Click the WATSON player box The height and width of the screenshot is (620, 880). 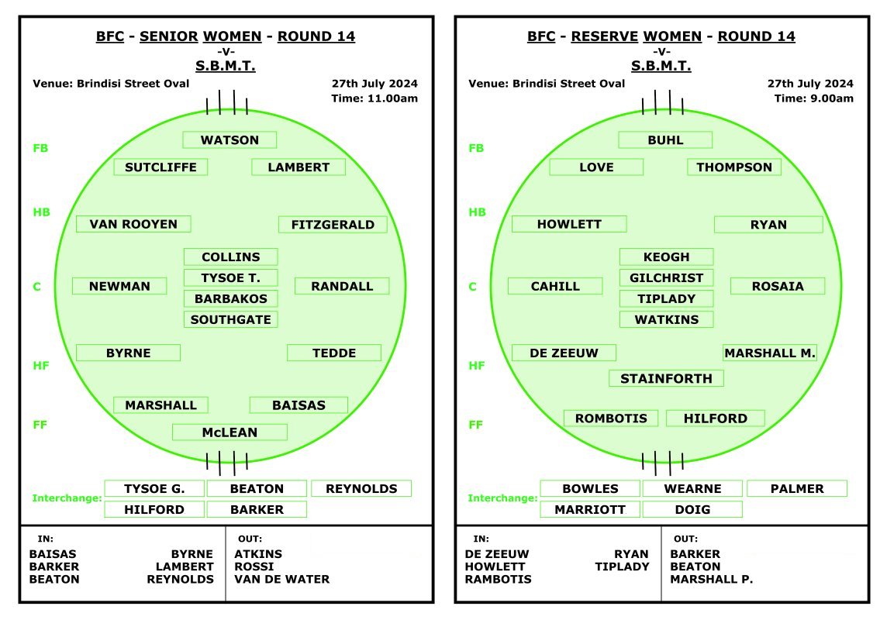[x=229, y=139]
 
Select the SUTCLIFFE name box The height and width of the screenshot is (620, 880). [x=160, y=167]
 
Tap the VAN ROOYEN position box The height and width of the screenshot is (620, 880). [x=133, y=224]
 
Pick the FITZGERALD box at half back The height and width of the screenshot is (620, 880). [x=333, y=225]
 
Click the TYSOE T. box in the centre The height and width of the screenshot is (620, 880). [x=231, y=277]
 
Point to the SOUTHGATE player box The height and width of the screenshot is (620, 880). [x=231, y=319]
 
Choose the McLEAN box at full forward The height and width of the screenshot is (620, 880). [x=229, y=432]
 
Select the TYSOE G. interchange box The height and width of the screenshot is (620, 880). [x=154, y=489]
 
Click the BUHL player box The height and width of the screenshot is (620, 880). [x=665, y=139]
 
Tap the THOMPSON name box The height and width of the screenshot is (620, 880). [x=734, y=167]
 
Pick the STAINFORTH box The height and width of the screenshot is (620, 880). [x=666, y=378]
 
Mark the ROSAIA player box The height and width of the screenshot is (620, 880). [x=778, y=286]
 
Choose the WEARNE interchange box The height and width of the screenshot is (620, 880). [x=692, y=489]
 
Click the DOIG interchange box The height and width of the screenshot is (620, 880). [x=692, y=509]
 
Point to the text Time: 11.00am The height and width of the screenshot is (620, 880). [x=374, y=98]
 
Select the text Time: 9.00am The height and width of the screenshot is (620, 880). [x=814, y=98]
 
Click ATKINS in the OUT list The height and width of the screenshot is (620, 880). [x=258, y=554]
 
